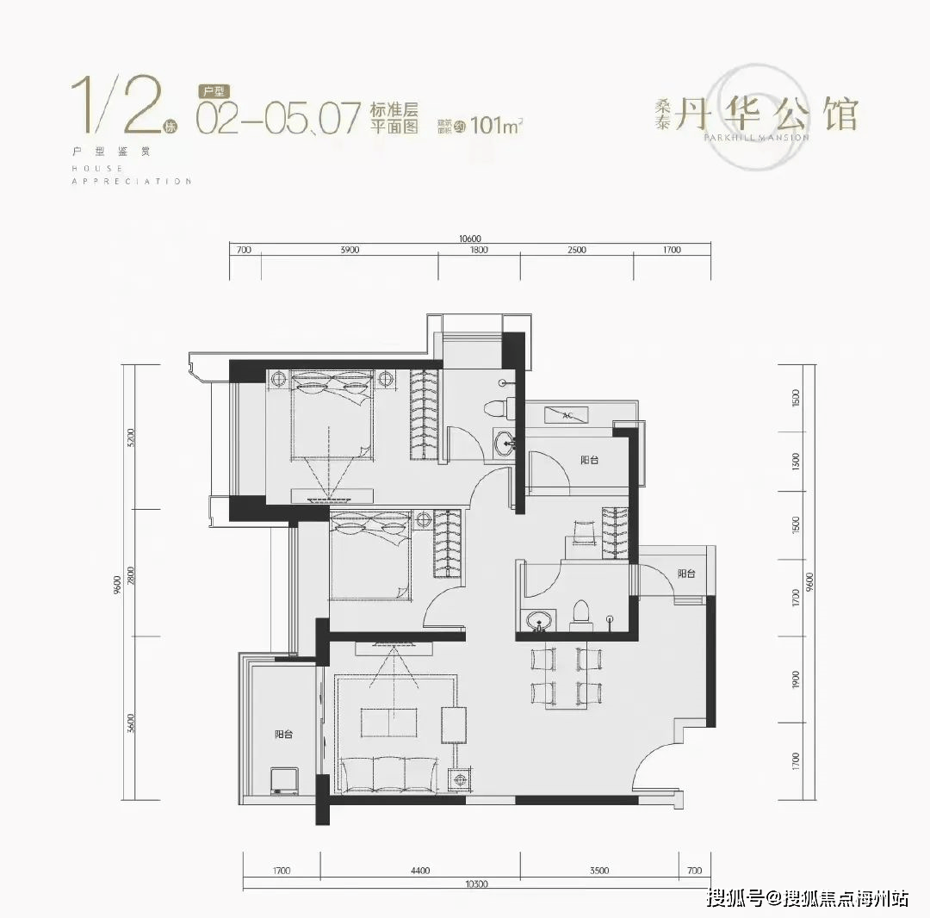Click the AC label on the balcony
567,415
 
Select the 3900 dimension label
349,250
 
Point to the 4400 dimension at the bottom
419,871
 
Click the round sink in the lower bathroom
540,620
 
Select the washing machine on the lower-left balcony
283,780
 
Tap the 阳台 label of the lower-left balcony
284,735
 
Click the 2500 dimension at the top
577,250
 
